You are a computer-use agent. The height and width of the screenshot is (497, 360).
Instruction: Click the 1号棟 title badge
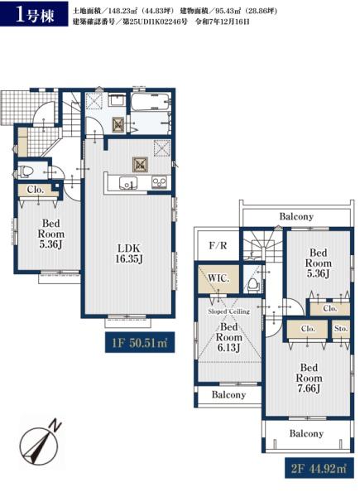(x=34, y=14)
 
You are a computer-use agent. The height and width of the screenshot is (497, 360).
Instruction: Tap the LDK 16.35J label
(x=128, y=253)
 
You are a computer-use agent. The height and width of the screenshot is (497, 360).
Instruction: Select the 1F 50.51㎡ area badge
(x=140, y=342)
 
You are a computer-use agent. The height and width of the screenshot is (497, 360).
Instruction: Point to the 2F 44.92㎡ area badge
(x=319, y=468)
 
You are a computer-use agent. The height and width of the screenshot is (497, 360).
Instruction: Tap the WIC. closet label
(x=218, y=278)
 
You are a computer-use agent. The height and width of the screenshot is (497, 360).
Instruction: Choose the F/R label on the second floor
(x=218, y=245)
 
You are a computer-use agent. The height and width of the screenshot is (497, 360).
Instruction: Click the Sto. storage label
(x=341, y=328)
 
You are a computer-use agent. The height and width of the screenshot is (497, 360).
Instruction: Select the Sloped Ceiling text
(x=229, y=311)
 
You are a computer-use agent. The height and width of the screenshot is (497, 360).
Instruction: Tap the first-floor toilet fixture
(x=26, y=171)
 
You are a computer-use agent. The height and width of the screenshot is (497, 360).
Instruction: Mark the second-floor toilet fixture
(x=253, y=285)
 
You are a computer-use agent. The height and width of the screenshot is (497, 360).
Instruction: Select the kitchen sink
(x=128, y=183)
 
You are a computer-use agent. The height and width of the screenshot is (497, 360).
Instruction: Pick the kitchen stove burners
(x=159, y=182)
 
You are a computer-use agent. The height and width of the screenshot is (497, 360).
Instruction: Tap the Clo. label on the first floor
(x=35, y=190)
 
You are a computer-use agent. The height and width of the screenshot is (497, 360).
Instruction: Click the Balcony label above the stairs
(x=296, y=216)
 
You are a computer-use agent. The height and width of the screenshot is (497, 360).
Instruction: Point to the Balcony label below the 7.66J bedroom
(x=306, y=433)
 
